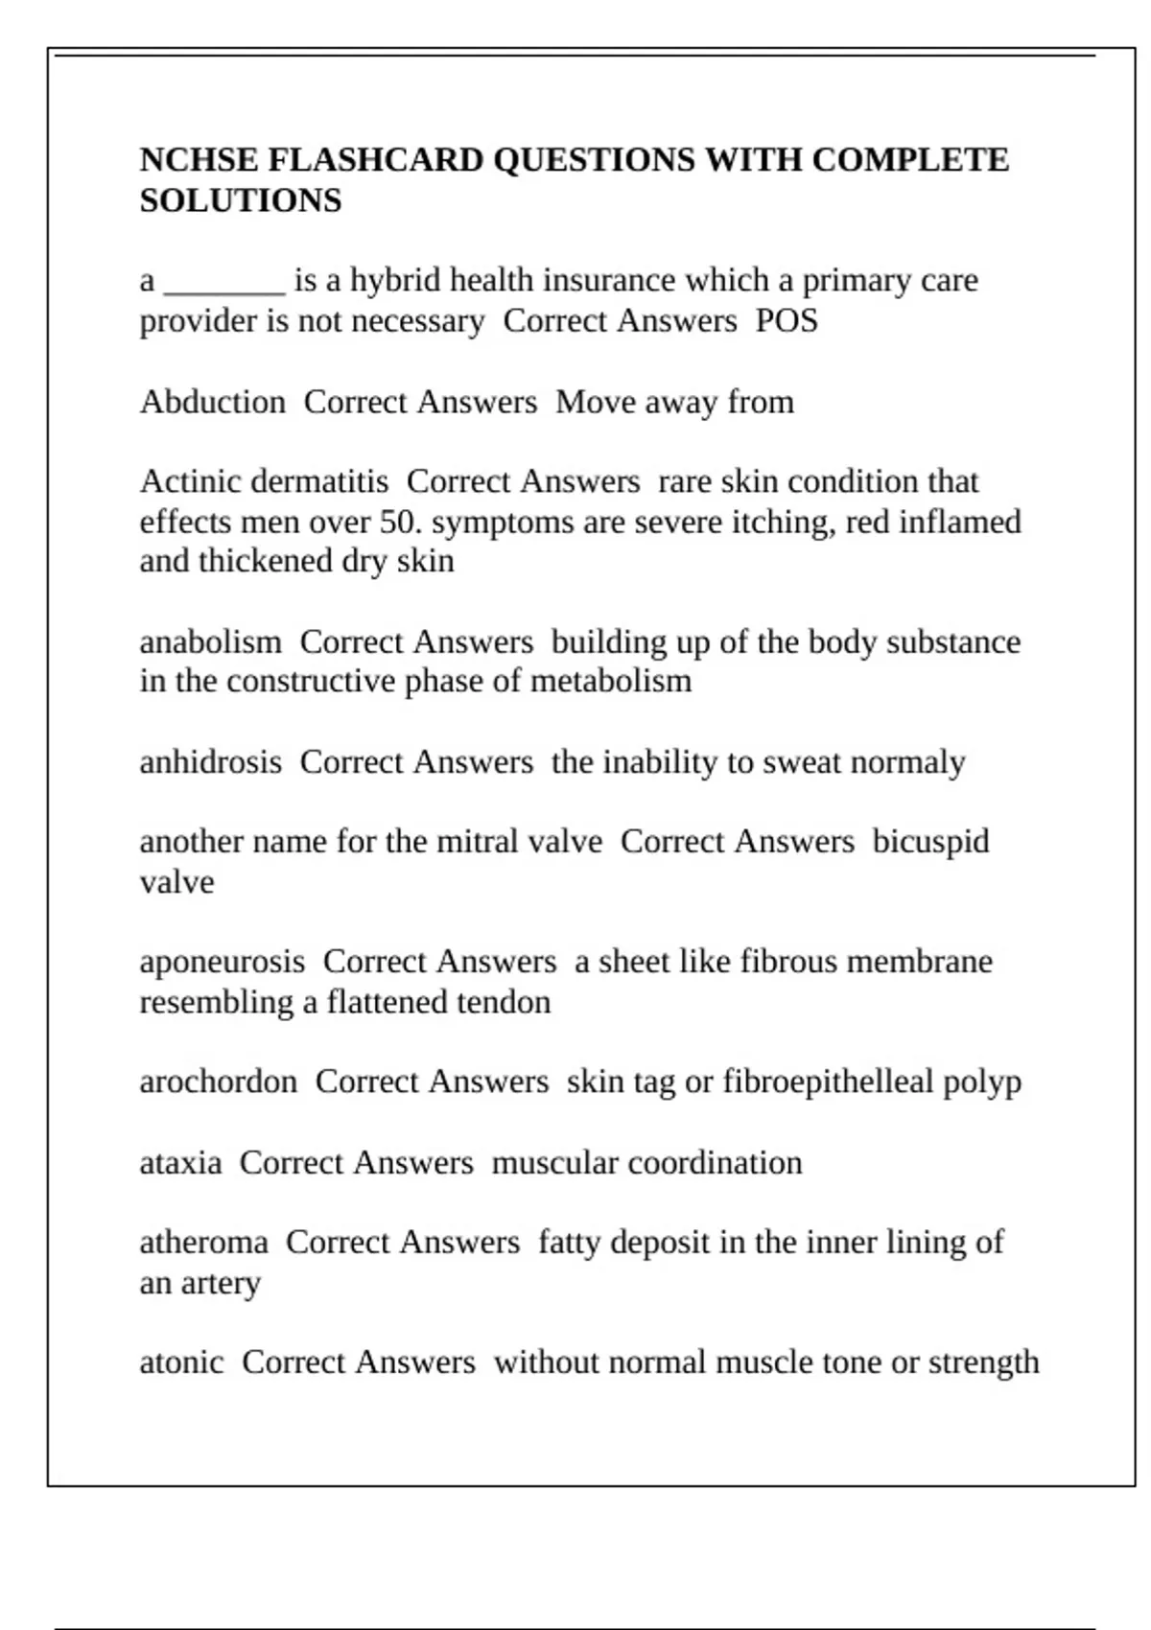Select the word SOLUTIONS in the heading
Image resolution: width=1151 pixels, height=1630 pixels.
point(241,201)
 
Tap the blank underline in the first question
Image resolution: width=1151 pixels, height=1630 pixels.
point(224,284)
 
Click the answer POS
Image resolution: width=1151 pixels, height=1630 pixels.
point(787,321)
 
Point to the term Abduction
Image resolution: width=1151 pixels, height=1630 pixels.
point(212,402)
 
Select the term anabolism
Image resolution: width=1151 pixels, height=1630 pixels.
point(210,641)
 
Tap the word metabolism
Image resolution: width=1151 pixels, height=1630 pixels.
point(610,682)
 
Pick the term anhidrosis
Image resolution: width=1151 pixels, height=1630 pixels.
point(210,762)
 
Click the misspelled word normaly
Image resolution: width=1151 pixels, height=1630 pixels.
point(907,763)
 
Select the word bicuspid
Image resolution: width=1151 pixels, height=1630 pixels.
point(930,843)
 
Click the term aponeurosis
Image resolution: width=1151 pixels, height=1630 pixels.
point(222,963)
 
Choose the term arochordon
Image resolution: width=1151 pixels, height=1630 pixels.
point(218,1083)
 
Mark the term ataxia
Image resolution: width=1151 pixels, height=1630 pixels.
point(180,1163)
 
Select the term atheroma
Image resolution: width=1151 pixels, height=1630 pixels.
point(203,1243)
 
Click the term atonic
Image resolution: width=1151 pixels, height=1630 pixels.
point(181,1362)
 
